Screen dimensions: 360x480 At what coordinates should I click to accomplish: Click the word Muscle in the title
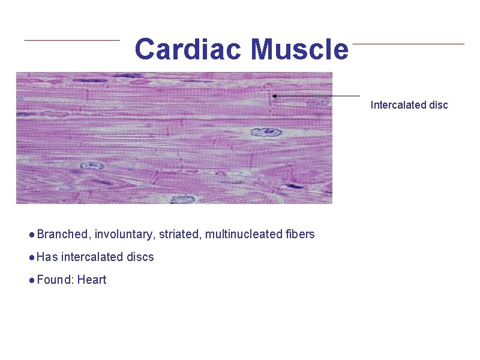tap(299, 49)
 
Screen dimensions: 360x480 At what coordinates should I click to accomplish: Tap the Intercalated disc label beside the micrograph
tap(409, 105)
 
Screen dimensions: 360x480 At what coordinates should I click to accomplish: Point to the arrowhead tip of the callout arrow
tap(273, 95)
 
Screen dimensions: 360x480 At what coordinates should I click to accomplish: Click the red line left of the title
tap(72, 40)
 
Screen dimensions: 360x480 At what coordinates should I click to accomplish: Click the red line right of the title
tap(408, 44)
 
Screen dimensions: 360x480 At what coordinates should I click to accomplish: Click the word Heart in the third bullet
tap(92, 280)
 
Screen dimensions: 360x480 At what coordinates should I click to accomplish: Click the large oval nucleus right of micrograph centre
tap(267, 132)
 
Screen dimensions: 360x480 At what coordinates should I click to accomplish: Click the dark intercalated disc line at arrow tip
tap(269, 96)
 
